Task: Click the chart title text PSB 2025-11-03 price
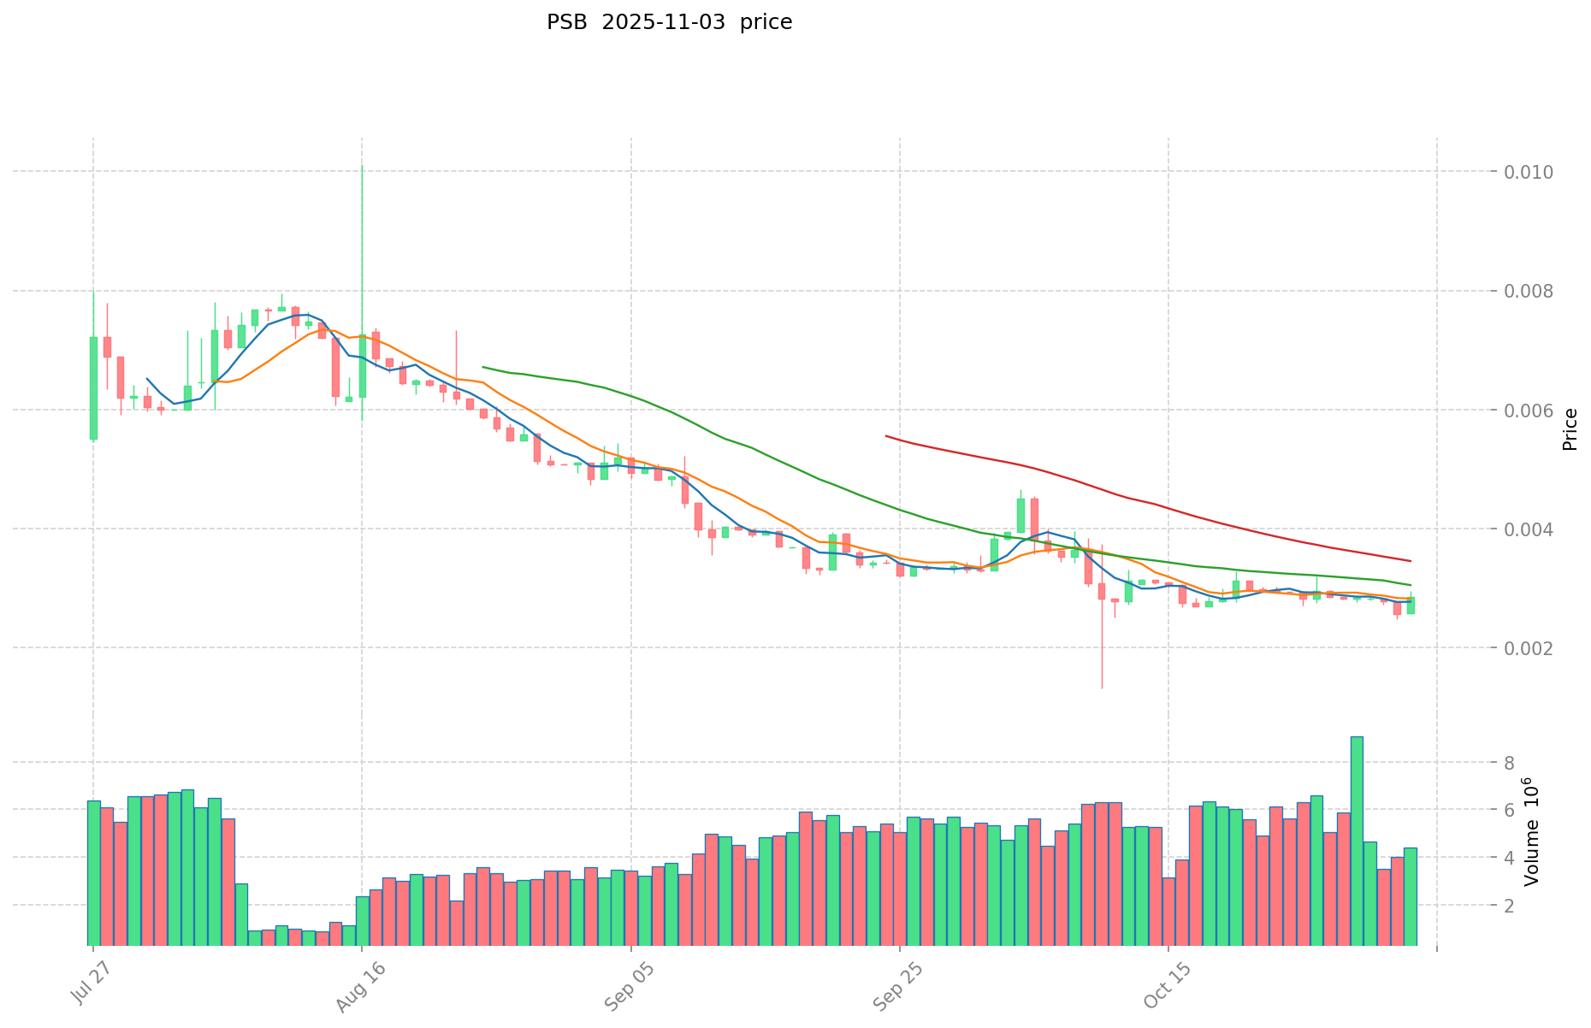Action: click(x=669, y=22)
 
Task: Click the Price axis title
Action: click(x=1569, y=429)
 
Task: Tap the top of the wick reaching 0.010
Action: click(x=362, y=165)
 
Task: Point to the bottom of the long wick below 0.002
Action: click(x=1102, y=688)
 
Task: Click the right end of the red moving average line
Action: click(x=1411, y=561)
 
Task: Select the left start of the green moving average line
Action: click(x=483, y=367)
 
